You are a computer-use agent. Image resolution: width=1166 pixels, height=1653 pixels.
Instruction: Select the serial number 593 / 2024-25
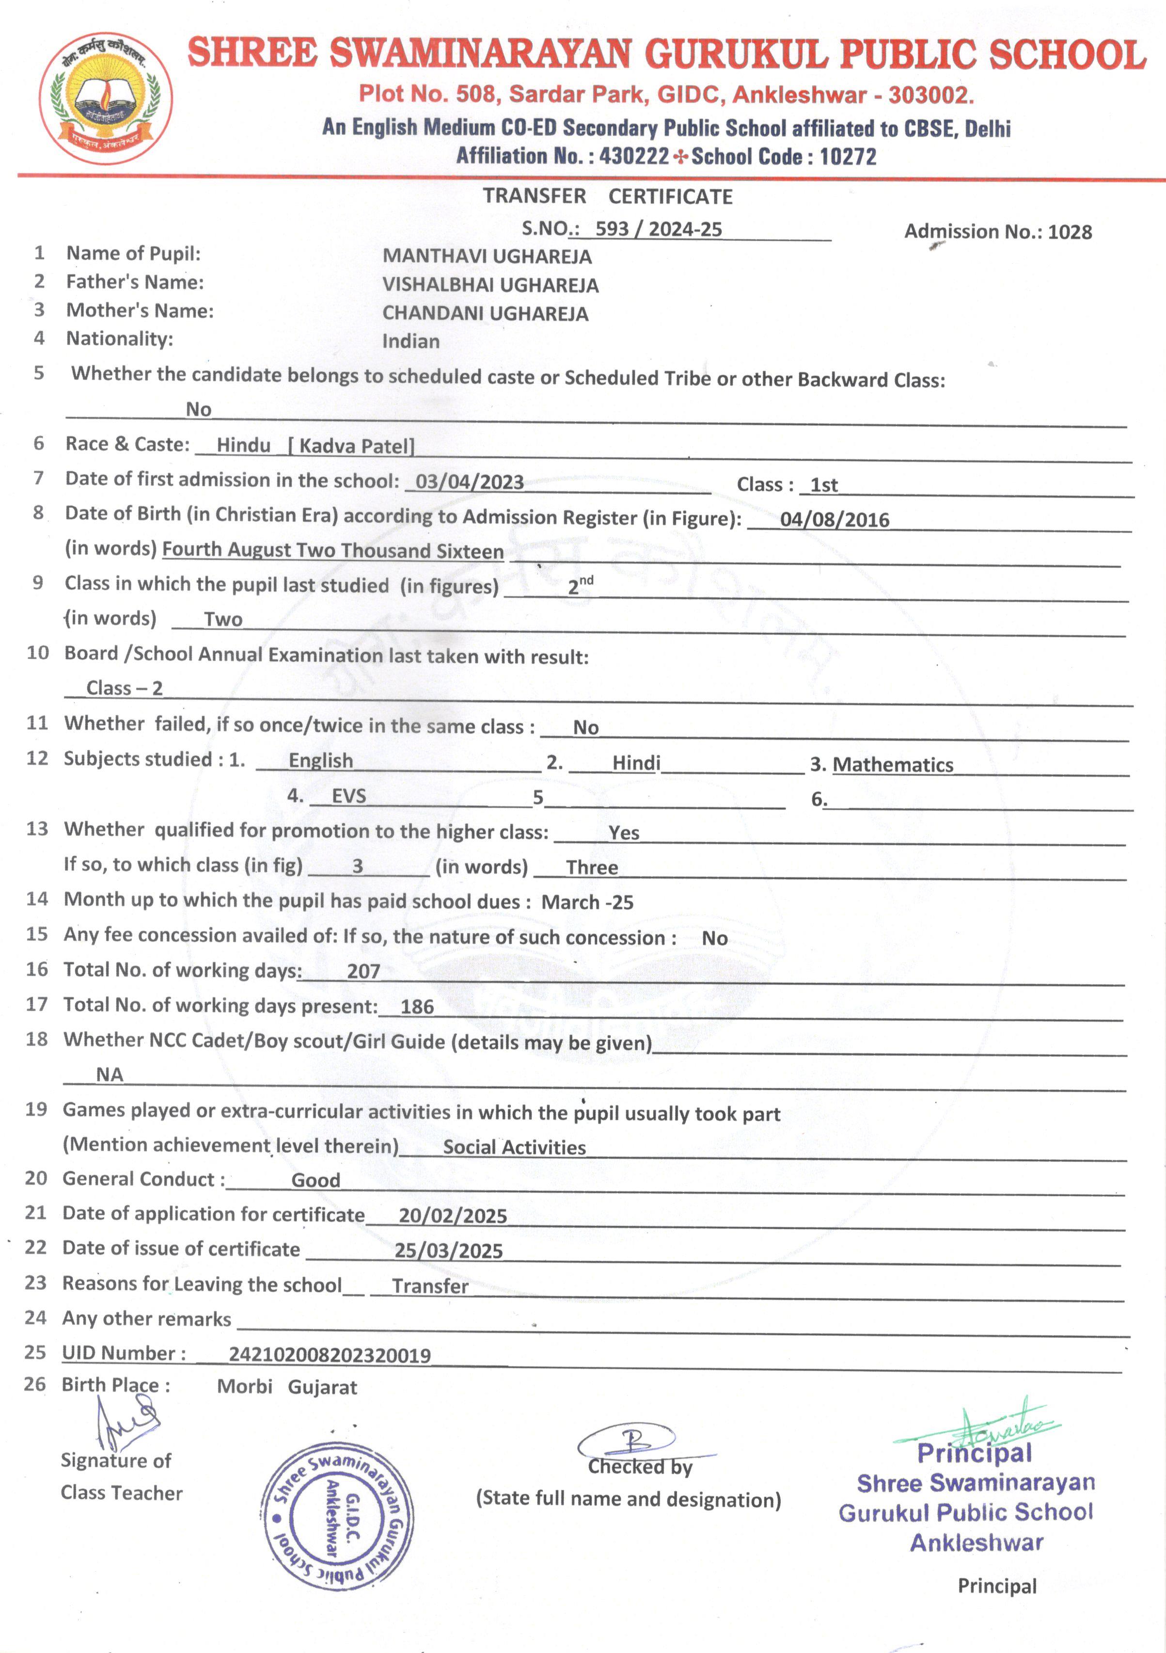coord(658,229)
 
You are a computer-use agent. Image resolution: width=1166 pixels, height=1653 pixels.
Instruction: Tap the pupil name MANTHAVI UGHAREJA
coord(487,257)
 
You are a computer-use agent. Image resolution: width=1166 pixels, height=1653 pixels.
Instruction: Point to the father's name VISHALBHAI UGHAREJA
coord(490,285)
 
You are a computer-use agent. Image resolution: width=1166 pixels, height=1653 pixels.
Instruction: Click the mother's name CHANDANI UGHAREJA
coord(485,314)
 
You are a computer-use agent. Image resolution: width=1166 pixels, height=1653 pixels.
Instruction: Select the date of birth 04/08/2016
coord(834,520)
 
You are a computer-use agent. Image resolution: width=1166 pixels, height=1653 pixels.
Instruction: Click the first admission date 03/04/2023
coord(469,481)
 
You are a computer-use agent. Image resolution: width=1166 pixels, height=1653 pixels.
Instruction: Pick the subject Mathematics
coord(893,765)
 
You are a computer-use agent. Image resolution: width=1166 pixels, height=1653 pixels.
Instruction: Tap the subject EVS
coord(348,796)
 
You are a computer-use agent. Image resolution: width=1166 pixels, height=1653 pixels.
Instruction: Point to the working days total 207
coord(363,971)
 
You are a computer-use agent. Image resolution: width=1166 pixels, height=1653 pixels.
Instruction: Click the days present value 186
coord(417,1007)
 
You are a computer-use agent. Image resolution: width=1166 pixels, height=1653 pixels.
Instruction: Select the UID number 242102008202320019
coord(330,1355)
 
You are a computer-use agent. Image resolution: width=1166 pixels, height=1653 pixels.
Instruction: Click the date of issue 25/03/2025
coord(448,1251)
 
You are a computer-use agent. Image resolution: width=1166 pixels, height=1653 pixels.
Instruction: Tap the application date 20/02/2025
coord(453,1216)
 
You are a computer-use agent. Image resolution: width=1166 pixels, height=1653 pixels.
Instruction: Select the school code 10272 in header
coord(848,156)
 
